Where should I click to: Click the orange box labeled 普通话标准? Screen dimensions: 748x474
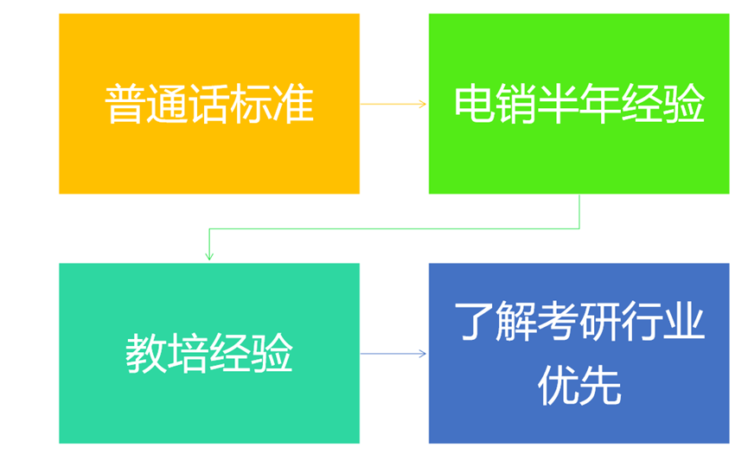click(x=209, y=104)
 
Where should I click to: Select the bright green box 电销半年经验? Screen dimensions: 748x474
click(x=579, y=104)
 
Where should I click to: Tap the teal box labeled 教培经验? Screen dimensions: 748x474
click(x=209, y=353)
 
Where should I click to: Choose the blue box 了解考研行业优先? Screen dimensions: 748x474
click(x=579, y=353)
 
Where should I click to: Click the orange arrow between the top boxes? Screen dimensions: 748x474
click(x=393, y=104)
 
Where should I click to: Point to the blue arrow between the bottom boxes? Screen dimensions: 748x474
click(x=393, y=354)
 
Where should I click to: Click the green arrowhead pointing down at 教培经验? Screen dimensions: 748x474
click(x=209, y=256)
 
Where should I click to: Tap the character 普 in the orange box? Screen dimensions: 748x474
click(x=125, y=104)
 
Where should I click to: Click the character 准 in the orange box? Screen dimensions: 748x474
click(x=293, y=104)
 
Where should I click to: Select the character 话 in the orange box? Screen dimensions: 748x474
click(x=209, y=104)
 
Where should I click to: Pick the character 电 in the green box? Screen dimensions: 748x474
click(x=474, y=104)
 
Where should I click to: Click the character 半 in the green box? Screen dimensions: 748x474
click(x=558, y=104)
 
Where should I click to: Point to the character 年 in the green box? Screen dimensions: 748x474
click(x=599, y=104)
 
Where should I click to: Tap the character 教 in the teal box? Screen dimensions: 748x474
click(x=146, y=353)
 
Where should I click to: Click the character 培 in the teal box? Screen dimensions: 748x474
click(x=188, y=353)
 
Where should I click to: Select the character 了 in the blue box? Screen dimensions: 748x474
click(x=474, y=321)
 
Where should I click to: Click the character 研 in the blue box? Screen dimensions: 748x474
click(x=599, y=321)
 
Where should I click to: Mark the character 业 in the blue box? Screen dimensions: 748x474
click(x=684, y=321)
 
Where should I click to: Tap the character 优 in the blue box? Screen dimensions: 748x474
click(x=558, y=385)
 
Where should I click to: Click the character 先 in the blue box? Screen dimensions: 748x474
click(x=599, y=385)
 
